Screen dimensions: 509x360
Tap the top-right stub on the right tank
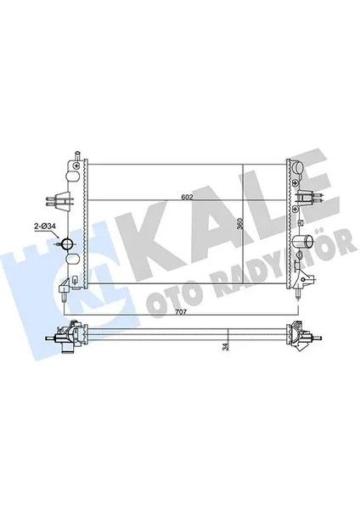(x=300, y=155)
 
